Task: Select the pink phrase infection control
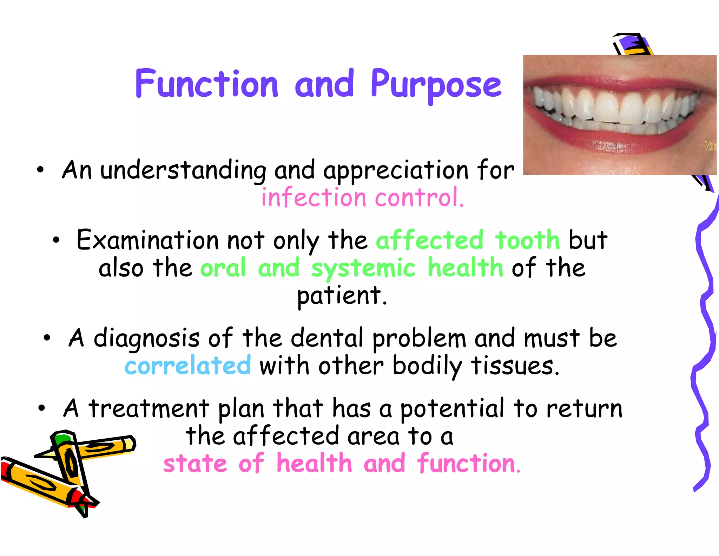tap(363, 198)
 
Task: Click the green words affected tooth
tap(468, 240)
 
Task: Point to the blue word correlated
tap(188, 366)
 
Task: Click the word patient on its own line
tap(341, 296)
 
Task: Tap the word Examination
tap(147, 240)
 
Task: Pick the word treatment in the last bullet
tap(149, 408)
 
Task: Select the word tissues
tap(515, 366)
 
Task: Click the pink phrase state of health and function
tap(342, 464)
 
